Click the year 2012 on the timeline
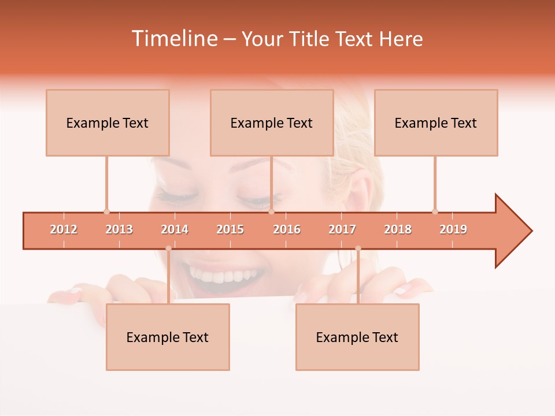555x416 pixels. [x=64, y=229]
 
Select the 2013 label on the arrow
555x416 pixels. [x=119, y=229]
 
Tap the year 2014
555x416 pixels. [x=175, y=229]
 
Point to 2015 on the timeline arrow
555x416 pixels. [x=230, y=229]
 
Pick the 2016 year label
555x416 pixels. [x=287, y=229]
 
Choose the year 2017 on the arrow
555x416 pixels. [x=342, y=229]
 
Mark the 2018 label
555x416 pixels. [x=398, y=229]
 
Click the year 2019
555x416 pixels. [x=453, y=229]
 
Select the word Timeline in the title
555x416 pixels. [x=173, y=39]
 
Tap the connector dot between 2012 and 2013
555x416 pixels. [x=106, y=211]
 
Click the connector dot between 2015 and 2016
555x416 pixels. [x=271, y=211]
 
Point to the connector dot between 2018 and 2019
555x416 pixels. [x=435, y=211]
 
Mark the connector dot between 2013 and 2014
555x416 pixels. [x=168, y=248]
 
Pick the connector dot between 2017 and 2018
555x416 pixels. [x=358, y=248]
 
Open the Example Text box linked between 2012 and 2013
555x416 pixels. [x=108, y=122]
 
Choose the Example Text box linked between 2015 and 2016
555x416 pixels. [x=272, y=122]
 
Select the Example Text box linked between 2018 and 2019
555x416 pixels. [x=436, y=122]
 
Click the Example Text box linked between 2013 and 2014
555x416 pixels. [x=168, y=337]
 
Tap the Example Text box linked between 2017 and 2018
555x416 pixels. [x=357, y=337]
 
